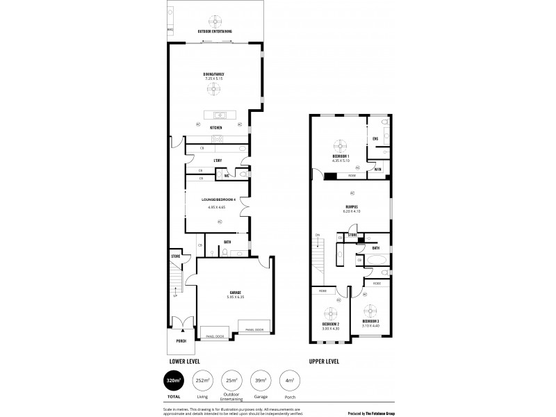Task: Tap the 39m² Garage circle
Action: pos(259,382)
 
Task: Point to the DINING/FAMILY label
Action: pos(214,74)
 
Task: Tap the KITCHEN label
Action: pos(215,128)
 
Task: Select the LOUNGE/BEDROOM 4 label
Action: pos(215,200)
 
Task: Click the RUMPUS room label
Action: pos(351,206)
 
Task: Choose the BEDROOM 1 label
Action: pos(340,156)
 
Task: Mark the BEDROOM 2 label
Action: pos(330,324)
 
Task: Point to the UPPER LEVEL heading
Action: pos(325,361)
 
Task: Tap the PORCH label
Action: pos(181,341)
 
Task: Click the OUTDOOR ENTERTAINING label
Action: pos(215,32)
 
